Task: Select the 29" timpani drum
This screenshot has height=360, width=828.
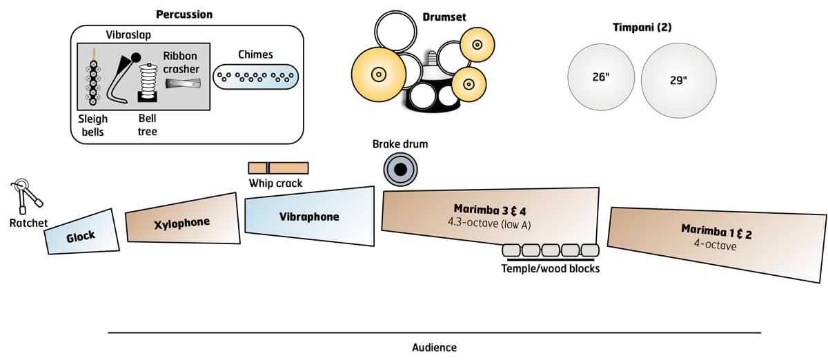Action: (x=678, y=80)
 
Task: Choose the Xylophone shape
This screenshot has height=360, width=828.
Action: (x=181, y=222)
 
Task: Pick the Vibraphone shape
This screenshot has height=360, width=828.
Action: (x=309, y=216)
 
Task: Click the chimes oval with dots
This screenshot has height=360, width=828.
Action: (x=255, y=76)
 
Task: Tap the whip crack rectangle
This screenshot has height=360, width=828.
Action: (x=278, y=168)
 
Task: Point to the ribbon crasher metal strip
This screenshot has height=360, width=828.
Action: (x=184, y=83)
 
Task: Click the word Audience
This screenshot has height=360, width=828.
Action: (x=434, y=348)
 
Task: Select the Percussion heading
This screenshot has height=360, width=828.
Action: (x=184, y=14)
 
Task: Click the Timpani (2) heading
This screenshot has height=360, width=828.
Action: (x=642, y=28)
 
